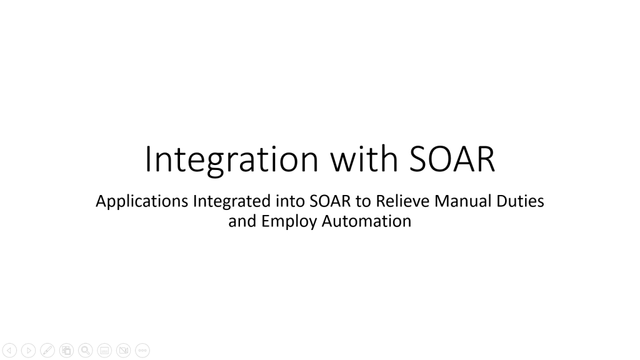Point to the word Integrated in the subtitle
[x=232, y=202]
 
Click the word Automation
[x=366, y=221]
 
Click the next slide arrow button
[x=28, y=351]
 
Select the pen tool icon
[x=47, y=351]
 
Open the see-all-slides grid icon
[x=66, y=351]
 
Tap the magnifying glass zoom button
[x=86, y=351]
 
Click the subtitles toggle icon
[x=104, y=351]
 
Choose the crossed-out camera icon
[x=124, y=351]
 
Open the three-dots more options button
[x=142, y=351]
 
